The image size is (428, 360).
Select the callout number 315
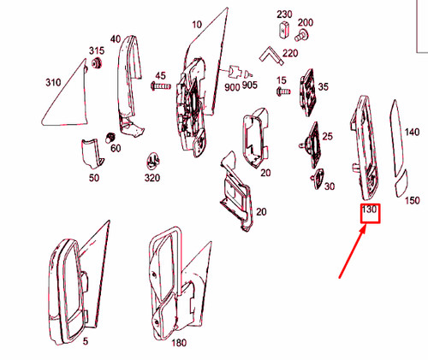97,51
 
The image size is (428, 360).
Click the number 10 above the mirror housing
198,24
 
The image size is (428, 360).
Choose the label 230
283,15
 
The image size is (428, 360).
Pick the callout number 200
305,22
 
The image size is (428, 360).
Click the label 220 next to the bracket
290,53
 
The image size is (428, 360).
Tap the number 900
232,87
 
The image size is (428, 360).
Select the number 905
249,85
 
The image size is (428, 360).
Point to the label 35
323,86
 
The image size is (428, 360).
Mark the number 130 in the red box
370,210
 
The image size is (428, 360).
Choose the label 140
412,133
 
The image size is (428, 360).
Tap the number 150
412,201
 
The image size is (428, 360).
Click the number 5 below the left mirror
85,341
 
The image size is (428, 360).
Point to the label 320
152,179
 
